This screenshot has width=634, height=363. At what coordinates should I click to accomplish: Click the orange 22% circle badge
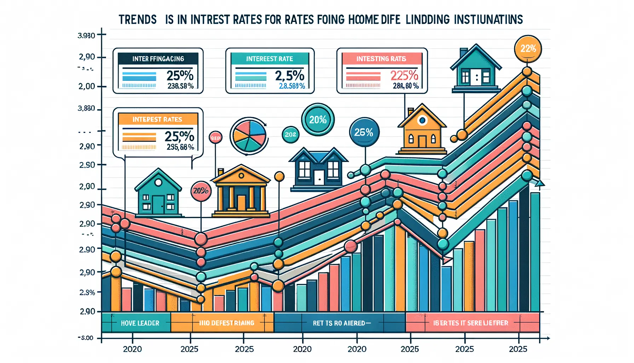(528, 49)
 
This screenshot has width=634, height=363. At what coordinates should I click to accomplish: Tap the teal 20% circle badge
(318, 120)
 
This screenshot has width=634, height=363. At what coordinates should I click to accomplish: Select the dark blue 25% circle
(364, 132)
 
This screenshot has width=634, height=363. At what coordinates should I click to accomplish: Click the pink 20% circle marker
(201, 191)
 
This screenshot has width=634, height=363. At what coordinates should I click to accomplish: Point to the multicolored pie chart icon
(248, 135)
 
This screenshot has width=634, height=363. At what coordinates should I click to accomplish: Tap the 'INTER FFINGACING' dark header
(158, 59)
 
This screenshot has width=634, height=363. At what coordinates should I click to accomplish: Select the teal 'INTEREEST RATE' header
(270, 59)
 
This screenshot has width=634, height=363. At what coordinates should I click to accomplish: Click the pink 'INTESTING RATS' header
(381, 59)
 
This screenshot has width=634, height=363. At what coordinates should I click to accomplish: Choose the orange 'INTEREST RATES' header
(157, 119)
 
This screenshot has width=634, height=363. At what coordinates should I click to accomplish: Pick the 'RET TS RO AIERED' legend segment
(339, 323)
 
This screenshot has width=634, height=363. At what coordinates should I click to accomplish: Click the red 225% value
(404, 76)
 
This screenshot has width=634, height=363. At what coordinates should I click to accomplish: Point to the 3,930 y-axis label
(86, 35)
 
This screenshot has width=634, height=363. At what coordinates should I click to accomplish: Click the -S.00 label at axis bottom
(86, 338)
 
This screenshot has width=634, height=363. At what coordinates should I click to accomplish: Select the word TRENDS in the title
(138, 19)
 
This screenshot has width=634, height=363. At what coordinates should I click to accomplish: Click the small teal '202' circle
(290, 135)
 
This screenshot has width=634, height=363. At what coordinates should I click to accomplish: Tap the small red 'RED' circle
(215, 138)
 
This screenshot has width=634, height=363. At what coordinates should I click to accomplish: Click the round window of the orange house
(422, 121)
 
